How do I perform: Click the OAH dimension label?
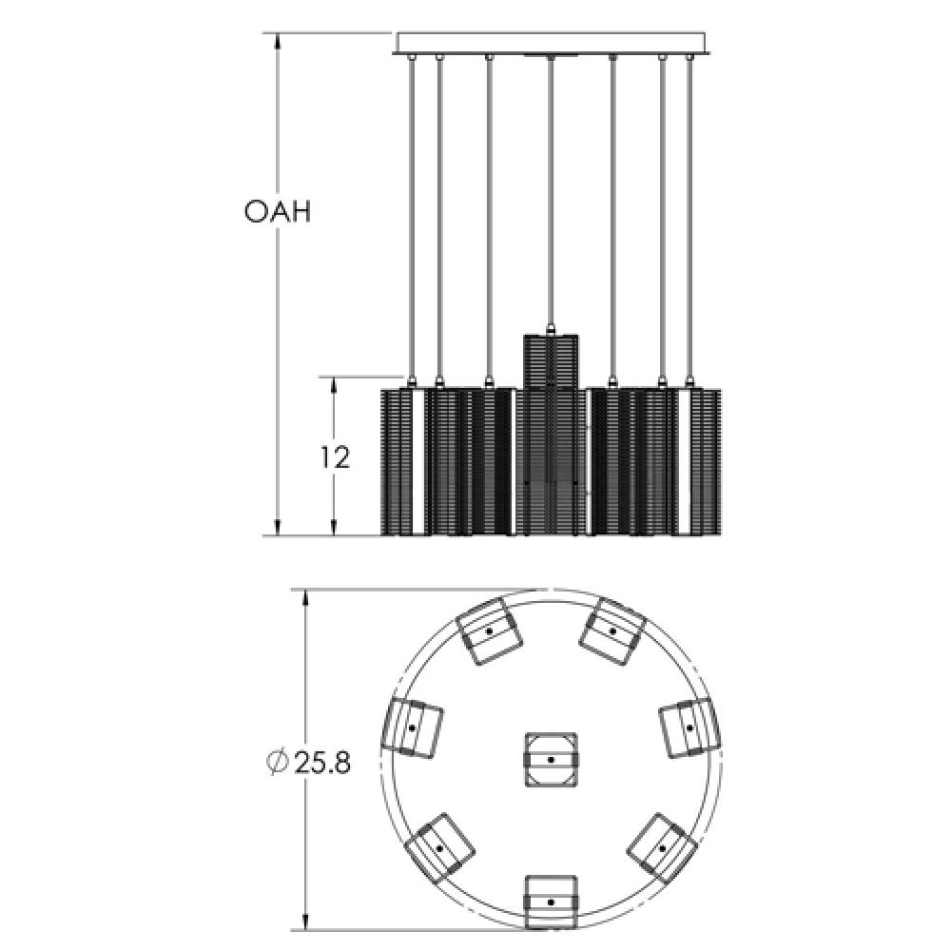[x=277, y=211]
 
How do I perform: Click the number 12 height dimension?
[x=334, y=457]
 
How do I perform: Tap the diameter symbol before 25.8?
[x=277, y=762]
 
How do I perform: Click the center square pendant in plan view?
[x=552, y=760]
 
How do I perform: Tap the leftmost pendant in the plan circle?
[x=412, y=728]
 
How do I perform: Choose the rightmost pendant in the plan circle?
[x=689, y=728]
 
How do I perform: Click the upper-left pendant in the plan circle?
[x=489, y=631]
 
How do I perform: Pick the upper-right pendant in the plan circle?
[x=613, y=631]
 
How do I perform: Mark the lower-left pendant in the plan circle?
[x=438, y=846]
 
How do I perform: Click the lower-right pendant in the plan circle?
[x=662, y=846]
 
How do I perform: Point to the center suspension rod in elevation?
[x=551, y=190]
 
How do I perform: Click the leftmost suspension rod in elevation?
[x=411, y=219]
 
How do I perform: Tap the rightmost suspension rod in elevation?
[x=689, y=219]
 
